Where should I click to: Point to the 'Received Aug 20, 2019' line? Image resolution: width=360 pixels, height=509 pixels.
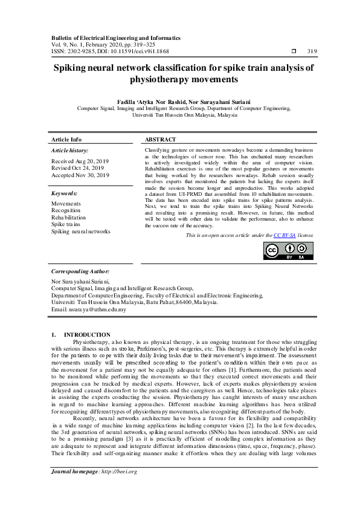click(x=80, y=161)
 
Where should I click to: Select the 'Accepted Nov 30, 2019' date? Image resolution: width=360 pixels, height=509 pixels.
click(x=80, y=175)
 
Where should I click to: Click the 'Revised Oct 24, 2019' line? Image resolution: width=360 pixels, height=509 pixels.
click(x=79, y=168)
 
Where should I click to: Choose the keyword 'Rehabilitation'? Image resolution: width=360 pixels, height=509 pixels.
click(x=69, y=217)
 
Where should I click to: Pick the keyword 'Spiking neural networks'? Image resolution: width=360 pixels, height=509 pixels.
click(x=81, y=231)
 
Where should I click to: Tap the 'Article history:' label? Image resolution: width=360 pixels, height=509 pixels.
click(x=69, y=150)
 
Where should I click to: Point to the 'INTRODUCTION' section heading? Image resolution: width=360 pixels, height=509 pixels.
click(x=87, y=334)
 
